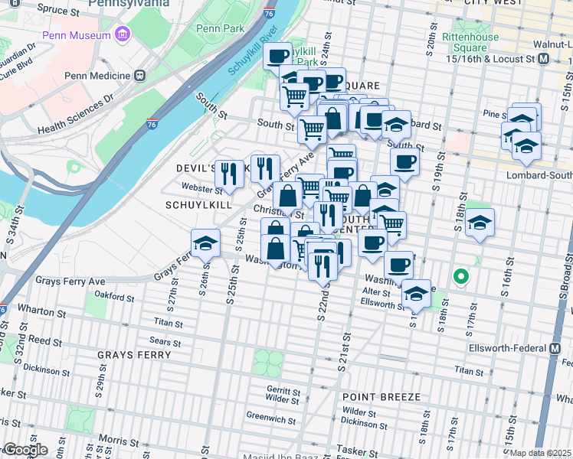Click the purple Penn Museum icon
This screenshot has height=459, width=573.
[x=121, y=34]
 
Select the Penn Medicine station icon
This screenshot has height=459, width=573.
[x=139, y=76]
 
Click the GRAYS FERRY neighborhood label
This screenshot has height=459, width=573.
[x=131, y=355]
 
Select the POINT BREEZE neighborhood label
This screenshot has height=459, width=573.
[x=381, y=397]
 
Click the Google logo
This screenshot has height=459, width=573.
[x=25, y=450]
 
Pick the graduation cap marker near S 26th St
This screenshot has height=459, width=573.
[x=205, y=243]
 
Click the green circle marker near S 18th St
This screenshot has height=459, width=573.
[x=460, y=276]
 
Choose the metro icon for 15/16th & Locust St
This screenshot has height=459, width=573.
[x=543, y=58]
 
